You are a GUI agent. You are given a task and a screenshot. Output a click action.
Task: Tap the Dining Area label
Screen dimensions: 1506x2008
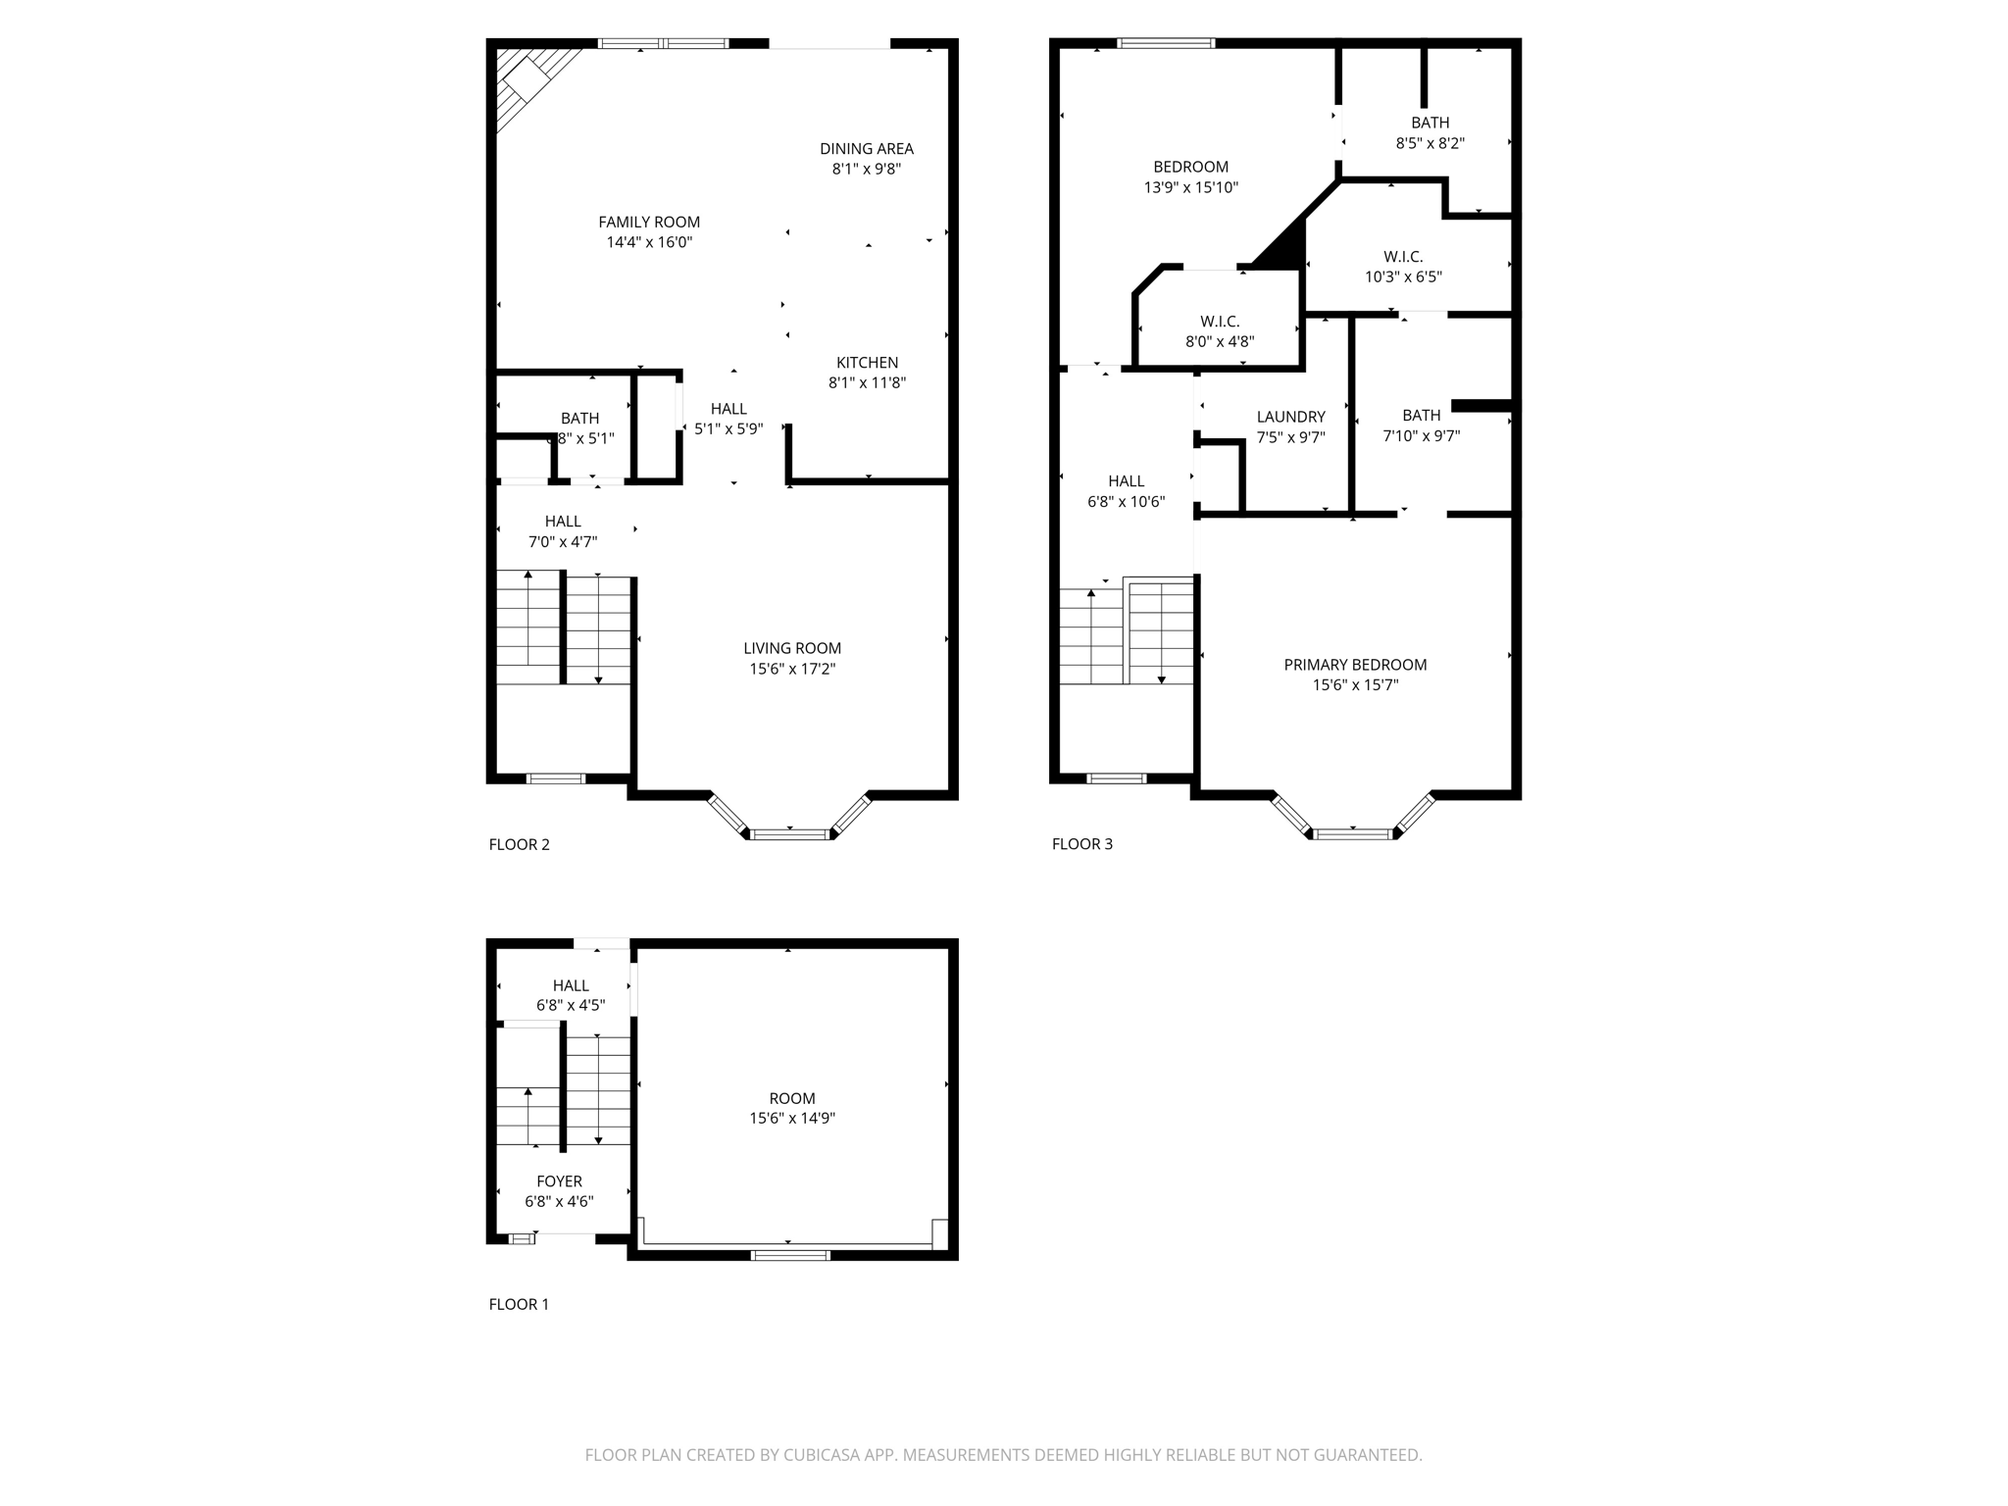point(867,149)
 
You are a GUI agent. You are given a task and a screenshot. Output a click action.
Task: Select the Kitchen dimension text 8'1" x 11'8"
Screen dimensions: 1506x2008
point(867,383)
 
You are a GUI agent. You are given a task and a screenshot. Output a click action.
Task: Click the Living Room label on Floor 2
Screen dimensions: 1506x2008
point(792,648)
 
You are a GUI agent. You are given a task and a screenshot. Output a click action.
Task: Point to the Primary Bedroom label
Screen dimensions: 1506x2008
point(1355,665)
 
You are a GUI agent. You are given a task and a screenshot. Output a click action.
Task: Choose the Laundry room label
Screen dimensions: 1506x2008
point(1290,417)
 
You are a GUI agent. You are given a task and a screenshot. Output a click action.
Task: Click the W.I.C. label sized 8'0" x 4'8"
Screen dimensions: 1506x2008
point(1220,322)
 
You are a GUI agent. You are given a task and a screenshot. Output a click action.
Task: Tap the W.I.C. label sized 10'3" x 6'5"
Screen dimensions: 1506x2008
point(1403,257)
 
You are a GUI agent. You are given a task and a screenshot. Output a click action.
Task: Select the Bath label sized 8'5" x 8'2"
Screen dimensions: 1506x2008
point(1430,123)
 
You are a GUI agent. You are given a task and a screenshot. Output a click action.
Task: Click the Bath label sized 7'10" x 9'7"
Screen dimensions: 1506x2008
point(1421,416)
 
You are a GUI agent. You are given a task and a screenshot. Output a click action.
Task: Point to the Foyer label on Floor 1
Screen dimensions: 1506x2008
point(559,1181)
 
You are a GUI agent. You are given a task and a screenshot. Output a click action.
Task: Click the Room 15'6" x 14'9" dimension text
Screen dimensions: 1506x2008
point(792,1119)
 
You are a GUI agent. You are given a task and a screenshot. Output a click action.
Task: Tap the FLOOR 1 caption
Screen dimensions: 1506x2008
point(519,1304)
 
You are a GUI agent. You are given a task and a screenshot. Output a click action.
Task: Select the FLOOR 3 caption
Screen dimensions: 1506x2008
point(1081,844)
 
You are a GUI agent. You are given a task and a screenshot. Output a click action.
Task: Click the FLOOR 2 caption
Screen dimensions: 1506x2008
point(519,844)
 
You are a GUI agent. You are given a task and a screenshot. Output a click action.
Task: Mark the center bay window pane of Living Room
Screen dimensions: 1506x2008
point(790,834)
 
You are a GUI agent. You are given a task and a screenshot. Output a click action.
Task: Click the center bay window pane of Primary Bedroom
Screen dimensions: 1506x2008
point(1353,834)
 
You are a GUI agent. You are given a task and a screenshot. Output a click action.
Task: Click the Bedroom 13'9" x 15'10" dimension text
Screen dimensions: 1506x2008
point(1190,187)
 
